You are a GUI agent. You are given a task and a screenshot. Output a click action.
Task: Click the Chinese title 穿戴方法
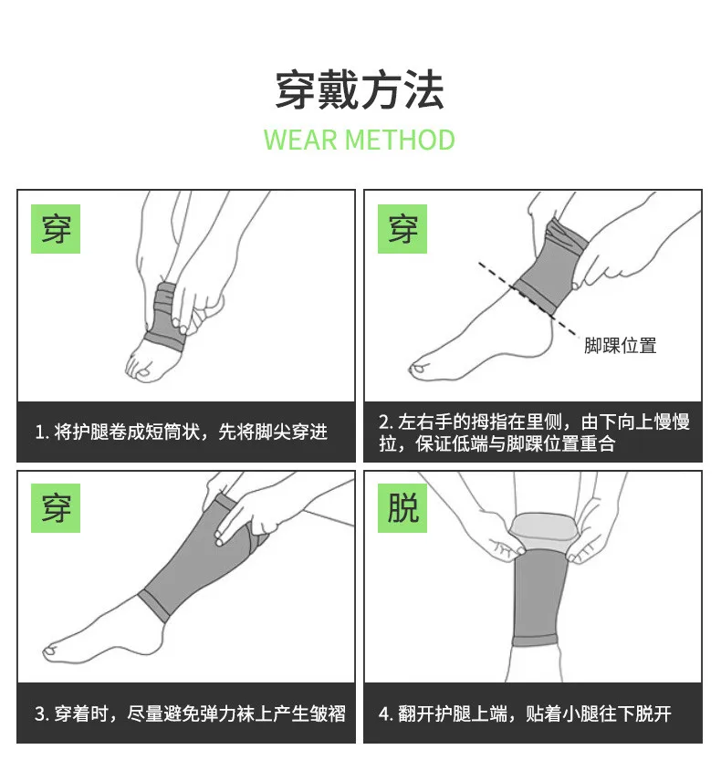[360, 89]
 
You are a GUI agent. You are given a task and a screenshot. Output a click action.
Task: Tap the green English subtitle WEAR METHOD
[360, 140]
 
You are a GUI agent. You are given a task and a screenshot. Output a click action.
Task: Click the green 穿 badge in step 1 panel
[56, 229]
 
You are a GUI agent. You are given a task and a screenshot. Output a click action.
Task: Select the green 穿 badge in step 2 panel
[402, 229]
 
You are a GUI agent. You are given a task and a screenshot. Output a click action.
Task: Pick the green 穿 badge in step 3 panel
[56, 507]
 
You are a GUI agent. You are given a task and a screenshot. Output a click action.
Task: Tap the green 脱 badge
[402, 507]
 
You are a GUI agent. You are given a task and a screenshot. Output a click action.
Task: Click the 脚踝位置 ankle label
[620, 345]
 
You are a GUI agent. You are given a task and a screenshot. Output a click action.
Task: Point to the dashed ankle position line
[528, 300]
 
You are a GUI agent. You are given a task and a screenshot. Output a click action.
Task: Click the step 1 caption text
[182, 432]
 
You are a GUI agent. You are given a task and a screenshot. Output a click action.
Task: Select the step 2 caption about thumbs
[534, 432]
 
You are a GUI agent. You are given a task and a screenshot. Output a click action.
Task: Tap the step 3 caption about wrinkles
[190, 713]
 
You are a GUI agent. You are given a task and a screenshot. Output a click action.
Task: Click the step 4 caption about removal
[525, 713]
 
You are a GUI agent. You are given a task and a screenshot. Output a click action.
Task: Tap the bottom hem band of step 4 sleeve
[534, 640]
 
